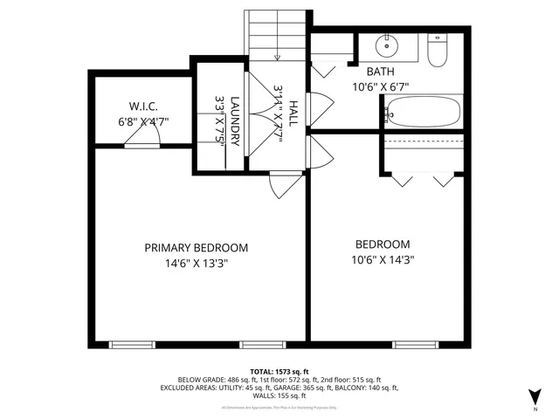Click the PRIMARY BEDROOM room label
(196, 247)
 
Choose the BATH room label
(380, 72)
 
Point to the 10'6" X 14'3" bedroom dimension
(382, 259)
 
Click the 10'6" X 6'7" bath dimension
(381, 87)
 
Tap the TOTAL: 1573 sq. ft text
(280, 372)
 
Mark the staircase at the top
(279, 35)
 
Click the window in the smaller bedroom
(413, 344)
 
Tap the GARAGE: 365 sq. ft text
(307, 388)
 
